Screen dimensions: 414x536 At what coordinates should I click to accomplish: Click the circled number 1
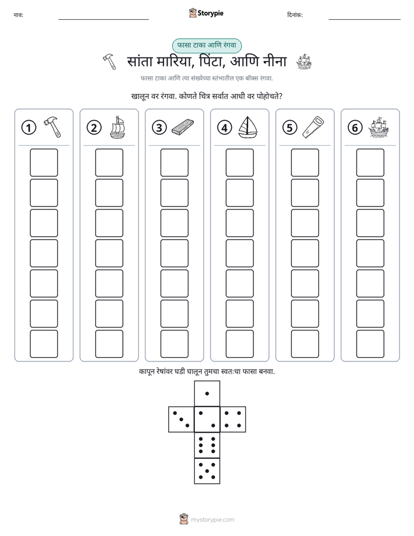pos(28,128)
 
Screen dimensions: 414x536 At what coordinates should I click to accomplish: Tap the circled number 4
pos(224,128)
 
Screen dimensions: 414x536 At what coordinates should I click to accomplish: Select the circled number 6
pos(355,128)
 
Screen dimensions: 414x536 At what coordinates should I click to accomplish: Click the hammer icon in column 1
pos(53,127)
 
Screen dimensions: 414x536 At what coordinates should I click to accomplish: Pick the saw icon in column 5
pos(314,127)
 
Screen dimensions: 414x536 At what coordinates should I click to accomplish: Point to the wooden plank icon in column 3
pos(183,127)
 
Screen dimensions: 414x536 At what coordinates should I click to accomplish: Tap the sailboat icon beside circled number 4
pos(248,127)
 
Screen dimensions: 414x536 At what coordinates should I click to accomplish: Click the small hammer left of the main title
pos(110,61)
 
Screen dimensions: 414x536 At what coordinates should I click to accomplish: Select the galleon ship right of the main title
pos(304,62)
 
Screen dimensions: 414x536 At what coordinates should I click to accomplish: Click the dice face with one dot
pos(207,393)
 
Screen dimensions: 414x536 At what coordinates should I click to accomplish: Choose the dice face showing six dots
pos(207,445)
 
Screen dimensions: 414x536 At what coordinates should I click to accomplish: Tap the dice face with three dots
pos(181,419)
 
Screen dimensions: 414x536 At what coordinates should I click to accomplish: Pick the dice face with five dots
pos(207,470)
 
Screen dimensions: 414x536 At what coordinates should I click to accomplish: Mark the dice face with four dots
pos(233,419)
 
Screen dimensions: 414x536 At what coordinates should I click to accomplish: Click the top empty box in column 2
pos(109,162)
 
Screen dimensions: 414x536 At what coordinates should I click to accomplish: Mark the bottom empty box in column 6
pos(371,344)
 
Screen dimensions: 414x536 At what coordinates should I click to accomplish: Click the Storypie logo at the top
pos(206,13)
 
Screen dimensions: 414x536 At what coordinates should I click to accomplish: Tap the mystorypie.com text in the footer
pos(212,520)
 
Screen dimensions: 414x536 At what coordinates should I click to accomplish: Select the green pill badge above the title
pos(206,46)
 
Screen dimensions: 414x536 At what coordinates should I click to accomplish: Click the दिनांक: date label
pos(295,15)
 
